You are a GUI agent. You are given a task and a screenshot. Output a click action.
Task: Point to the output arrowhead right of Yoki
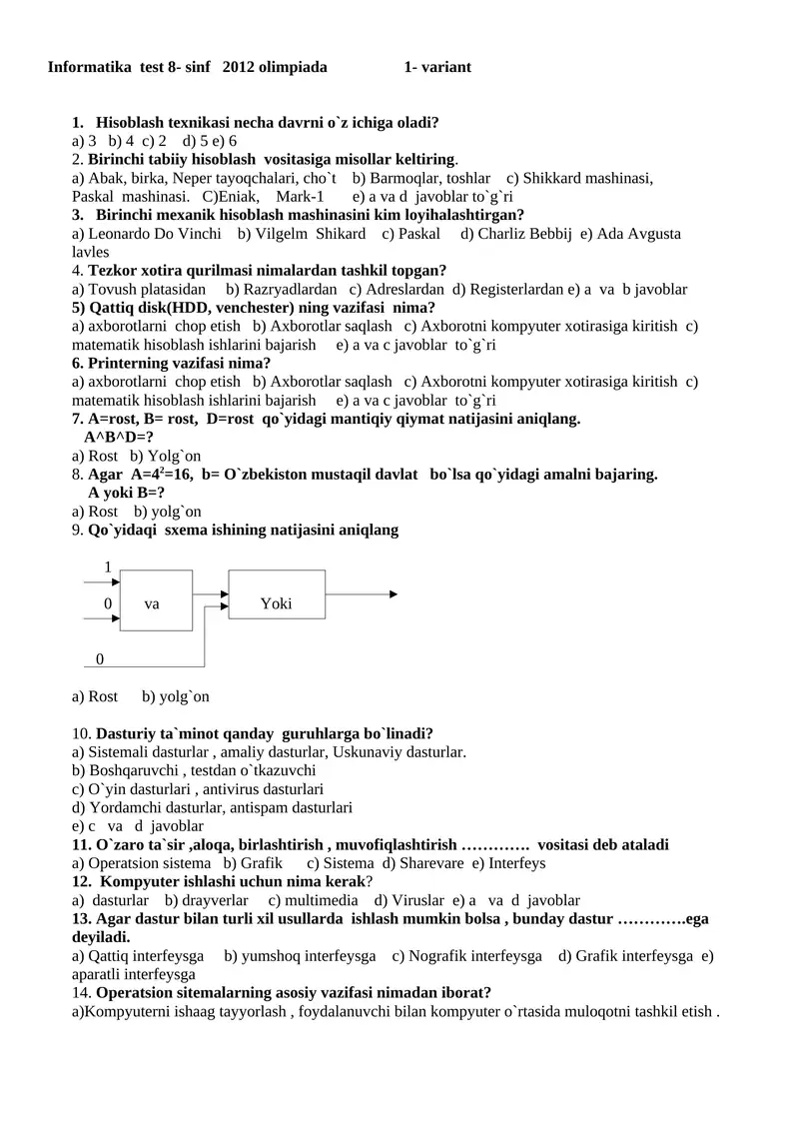click(394, 594)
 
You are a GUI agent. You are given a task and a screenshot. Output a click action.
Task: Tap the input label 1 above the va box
click(108, 567)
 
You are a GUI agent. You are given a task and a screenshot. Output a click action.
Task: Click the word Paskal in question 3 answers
click(418, 234)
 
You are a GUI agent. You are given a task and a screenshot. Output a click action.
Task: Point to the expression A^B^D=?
click(119, 437)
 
